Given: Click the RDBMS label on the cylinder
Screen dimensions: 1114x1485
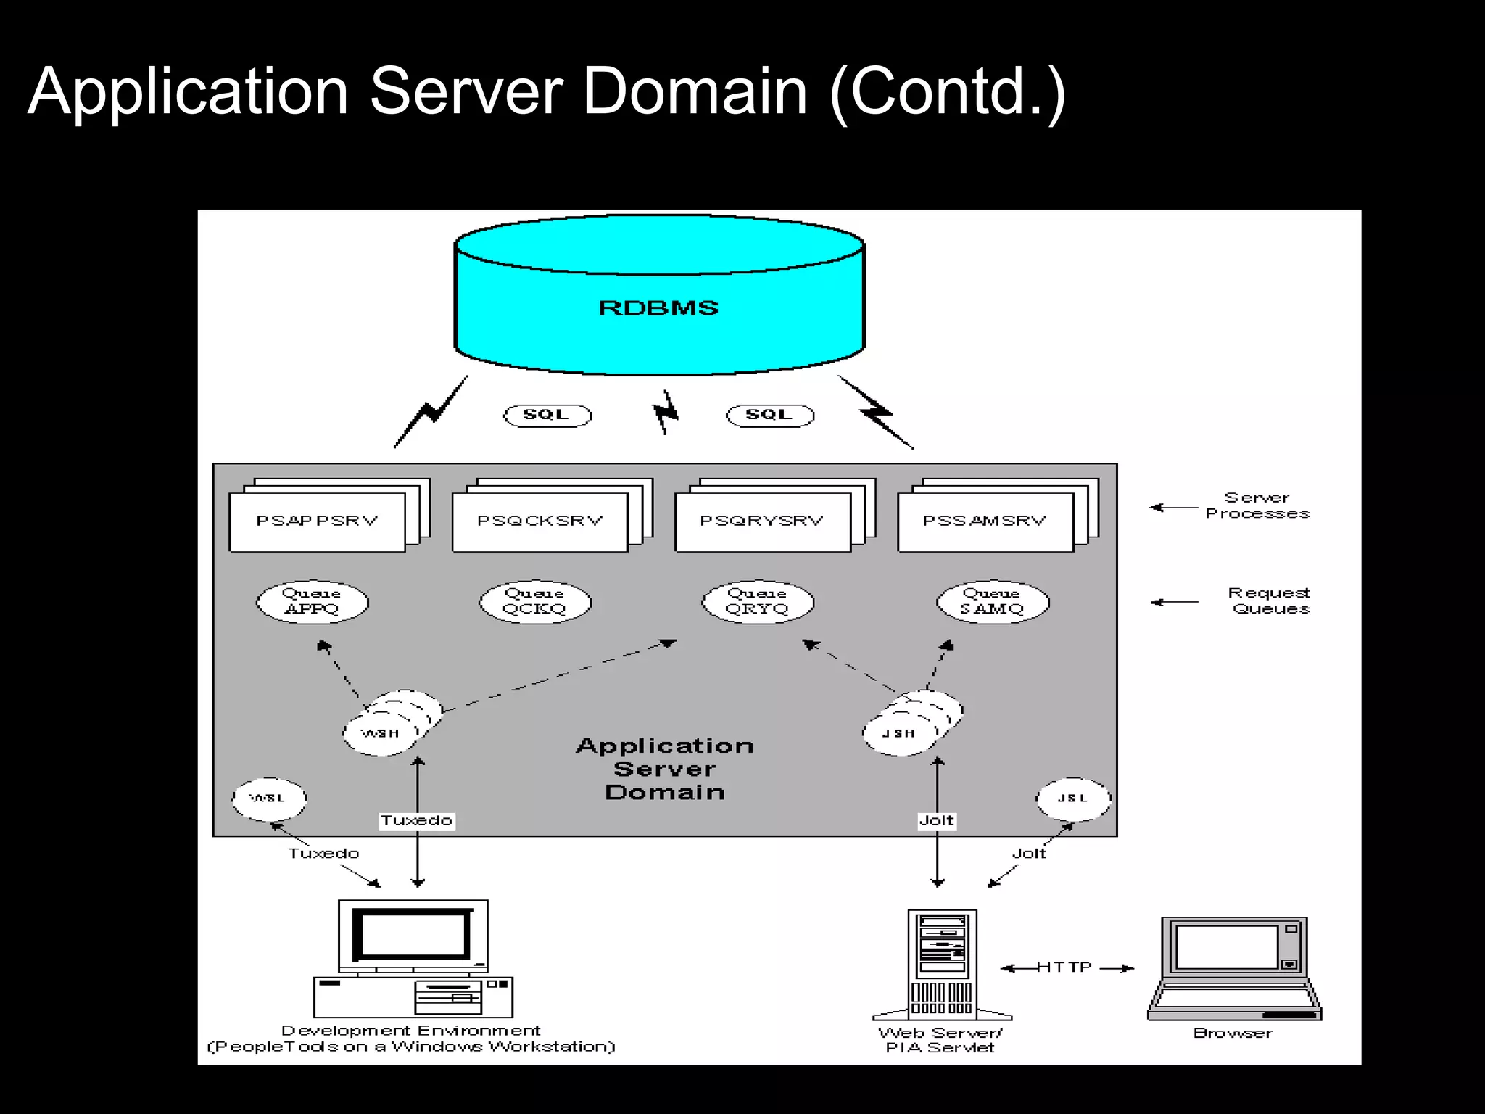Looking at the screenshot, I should pyautogui.click(x=658, y=308).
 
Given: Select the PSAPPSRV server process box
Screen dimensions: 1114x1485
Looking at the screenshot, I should pyautogui.click(x=317, y=521).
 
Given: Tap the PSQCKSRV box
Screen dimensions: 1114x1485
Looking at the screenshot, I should pyautogui.click(x=539, y=521).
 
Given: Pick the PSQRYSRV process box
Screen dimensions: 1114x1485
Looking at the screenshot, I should pyautogui.click(x=762, y=521).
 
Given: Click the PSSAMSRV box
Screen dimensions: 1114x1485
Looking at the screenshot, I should pyautogui.click(x=985, y=521).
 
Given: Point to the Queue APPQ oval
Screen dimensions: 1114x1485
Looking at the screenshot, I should pyautogui.click(x=312, y=602).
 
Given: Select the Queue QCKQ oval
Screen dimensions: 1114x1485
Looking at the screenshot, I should pyautogui.click(x=534, y=602).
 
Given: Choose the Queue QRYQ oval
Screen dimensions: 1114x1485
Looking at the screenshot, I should pyautogui.click(x=758, y=602).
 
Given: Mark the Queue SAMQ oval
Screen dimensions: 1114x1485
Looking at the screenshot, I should pyautogui.click(x=992, y=602).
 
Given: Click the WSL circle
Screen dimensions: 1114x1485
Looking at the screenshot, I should pyautogui.click(x=268, y=799).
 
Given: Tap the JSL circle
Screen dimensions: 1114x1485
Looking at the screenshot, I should pyautogui.click(x=1073, y=799).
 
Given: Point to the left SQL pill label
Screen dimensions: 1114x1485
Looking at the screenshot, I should pyautogui.click(x=547, y=415).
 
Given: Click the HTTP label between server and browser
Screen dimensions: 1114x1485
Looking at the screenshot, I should pyautogui.click(x=1064, y=967).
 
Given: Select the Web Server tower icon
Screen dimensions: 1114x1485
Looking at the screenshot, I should pyautogui.click(x=942, y=965).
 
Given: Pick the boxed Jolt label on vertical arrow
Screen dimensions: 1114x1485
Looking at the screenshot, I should pyautogui.click(x=936, y=820).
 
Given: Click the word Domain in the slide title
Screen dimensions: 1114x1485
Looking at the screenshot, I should pyautogui.click(x=694, y=91).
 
